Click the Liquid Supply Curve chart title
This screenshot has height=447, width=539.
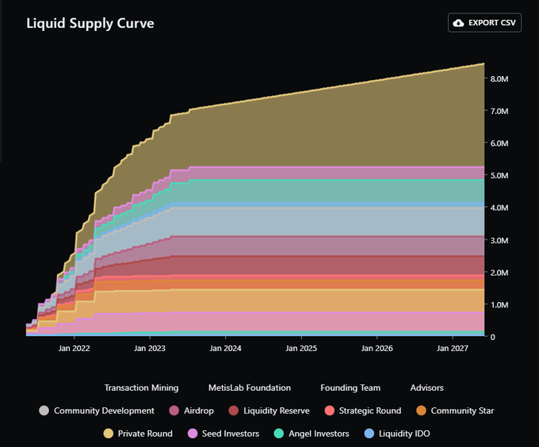coord(90,23)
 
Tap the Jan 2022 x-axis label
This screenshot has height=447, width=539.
coord(75,348)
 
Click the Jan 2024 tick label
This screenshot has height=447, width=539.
coord(226,348)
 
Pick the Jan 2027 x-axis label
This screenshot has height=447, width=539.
coord(453,348)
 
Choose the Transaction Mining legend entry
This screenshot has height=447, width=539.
coord(141,388)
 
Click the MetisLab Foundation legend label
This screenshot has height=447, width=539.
coord(250,388)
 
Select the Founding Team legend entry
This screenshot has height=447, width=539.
coord(350,388)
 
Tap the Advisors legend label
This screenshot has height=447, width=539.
coord(426,388)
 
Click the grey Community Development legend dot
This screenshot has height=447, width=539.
coord(44,411)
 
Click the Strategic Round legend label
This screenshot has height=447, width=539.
coord(369,411)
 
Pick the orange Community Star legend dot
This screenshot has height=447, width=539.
coord(421,411)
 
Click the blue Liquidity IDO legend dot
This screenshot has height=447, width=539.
coord(369,434)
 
